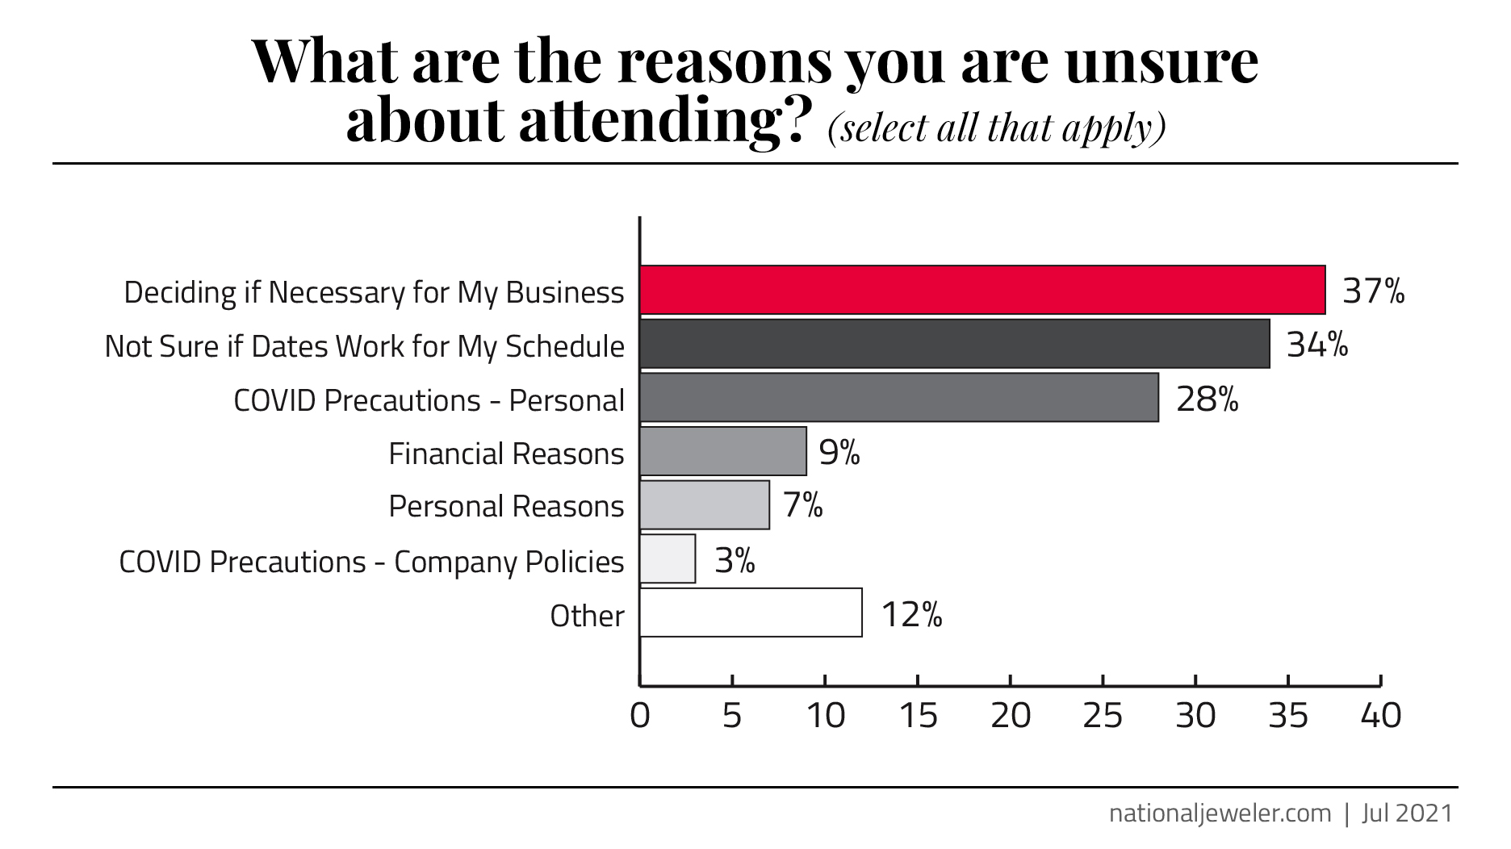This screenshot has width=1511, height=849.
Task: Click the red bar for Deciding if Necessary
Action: (x=982, y=290)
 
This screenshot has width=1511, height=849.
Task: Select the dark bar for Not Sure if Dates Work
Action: (x=954, y=344)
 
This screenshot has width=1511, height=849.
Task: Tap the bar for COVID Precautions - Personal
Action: (x=898, y=397)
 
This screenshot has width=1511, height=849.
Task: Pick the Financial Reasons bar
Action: (x=722, y=451)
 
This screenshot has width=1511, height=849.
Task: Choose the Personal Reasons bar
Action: (x=704, y=505)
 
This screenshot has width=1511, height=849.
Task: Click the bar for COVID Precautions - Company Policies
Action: (x=668, y=558)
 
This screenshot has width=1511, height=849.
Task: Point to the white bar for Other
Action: (x=751, y=613)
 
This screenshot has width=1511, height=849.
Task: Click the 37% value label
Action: (x=1373, y=291)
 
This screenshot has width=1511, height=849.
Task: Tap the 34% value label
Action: (x=1317, y=345)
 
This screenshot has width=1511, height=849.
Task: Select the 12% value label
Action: (x=911, y=615)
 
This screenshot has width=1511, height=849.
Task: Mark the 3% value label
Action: (x=735, y=560)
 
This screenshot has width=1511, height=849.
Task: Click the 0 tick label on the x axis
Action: (x=640, y=716)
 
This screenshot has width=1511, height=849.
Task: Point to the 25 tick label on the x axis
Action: (x=1103, y=716)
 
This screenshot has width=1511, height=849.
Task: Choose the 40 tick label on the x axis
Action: (x=1380, y=716)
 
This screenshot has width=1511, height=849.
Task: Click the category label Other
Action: (x=587, y=616)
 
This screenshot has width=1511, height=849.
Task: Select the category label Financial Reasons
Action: (x=506, y=454)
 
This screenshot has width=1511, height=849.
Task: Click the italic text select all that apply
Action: (x=997, y=127)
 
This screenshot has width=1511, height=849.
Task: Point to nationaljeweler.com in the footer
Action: (x=1220, y=813)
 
